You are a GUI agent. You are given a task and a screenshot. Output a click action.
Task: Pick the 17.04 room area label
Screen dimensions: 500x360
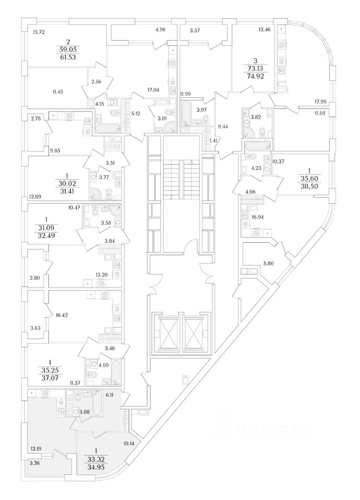point(153,90)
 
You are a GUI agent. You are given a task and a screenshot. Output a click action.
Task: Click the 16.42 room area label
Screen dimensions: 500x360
point(62,315)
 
